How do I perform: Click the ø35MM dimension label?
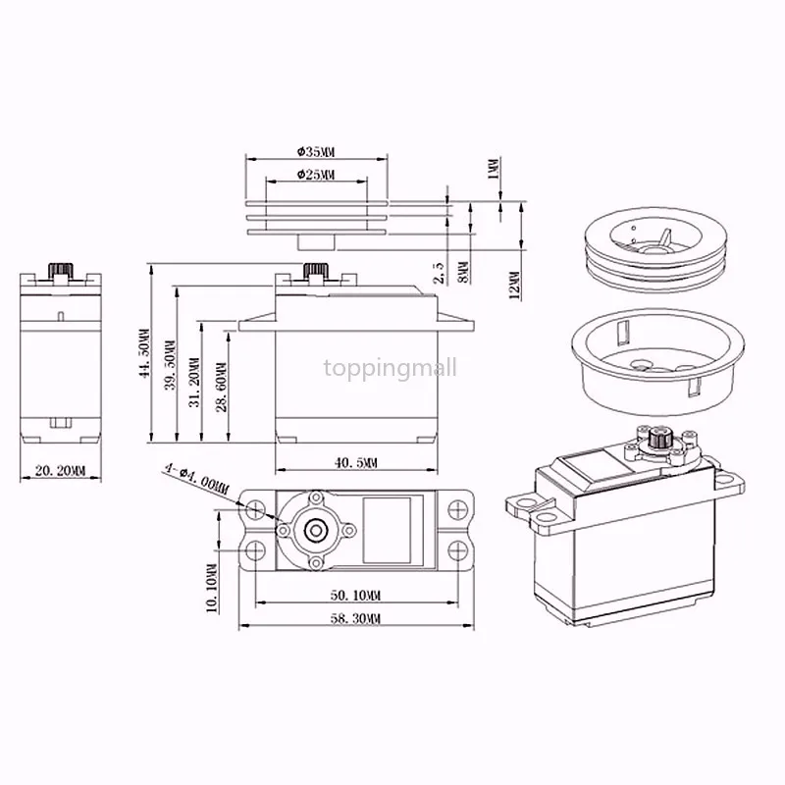click(316, 152)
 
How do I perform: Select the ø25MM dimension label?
click(315, 175)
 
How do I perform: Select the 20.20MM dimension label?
click(60, 471)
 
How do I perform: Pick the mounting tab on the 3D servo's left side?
click(528, 502)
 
